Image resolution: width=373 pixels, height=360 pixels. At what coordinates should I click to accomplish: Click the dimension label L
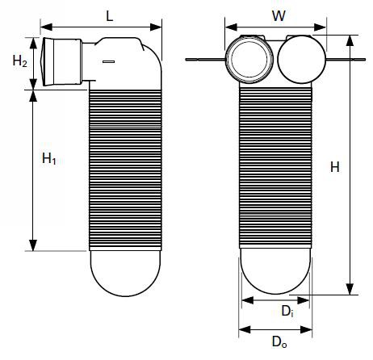click(x=109, y=16)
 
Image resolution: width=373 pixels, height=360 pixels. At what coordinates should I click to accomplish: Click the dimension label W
click(x=279, y=15)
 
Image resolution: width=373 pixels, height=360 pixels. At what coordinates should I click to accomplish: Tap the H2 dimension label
click(x=19, y=61)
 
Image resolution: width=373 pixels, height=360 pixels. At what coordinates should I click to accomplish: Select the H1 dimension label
click(x=49, y=158)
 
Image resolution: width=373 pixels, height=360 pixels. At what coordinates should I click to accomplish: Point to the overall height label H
click(x=335, y=167)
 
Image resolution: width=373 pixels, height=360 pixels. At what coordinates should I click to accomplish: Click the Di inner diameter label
click(x=287, y=312)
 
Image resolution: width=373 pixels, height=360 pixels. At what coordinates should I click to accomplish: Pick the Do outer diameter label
click(x=279, y=342)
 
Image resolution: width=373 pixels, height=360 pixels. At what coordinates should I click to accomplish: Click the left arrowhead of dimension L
click(x=46, y=27)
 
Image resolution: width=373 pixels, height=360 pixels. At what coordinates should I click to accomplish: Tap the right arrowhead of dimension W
click(x=321, y=27)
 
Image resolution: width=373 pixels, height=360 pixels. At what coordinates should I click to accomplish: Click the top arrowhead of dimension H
click(x=350, y=40)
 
